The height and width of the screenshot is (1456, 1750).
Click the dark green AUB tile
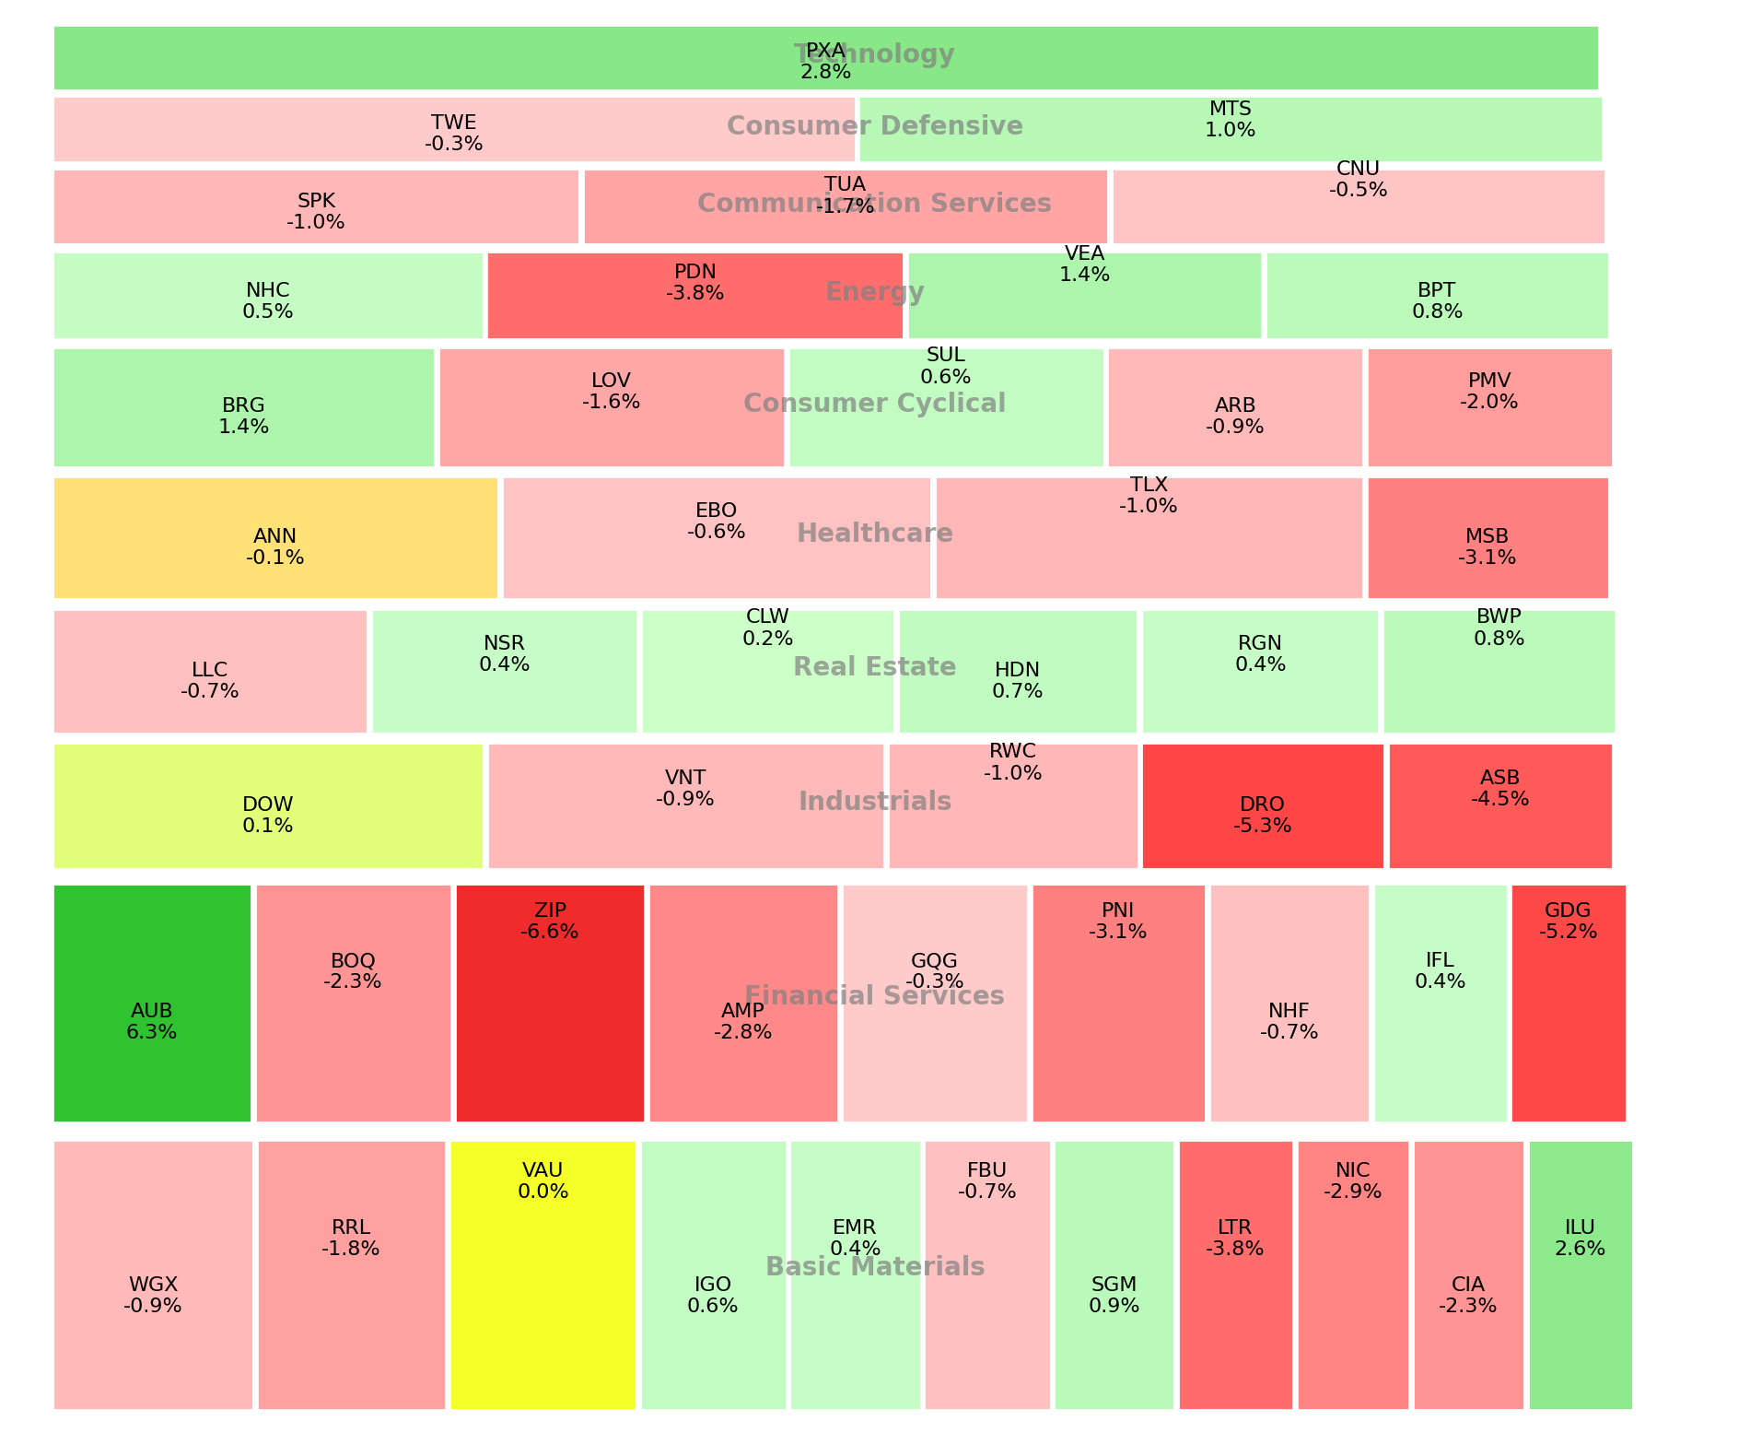coord(152,1004)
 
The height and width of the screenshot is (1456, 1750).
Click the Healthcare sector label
coord(874,534)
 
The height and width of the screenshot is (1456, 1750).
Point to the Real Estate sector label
coord(874,667)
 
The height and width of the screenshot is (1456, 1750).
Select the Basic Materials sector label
coord(874,1267)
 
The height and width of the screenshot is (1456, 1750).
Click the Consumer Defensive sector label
coord(874,126)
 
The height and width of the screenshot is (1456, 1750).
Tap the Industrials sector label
coord(874,802)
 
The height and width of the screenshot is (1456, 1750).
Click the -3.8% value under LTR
coord(1234,1250)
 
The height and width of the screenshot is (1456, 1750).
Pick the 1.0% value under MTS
coord(1230,131)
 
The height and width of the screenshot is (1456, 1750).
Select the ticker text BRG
coord(243,405)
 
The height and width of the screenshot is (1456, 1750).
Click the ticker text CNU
coord(1358,169)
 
